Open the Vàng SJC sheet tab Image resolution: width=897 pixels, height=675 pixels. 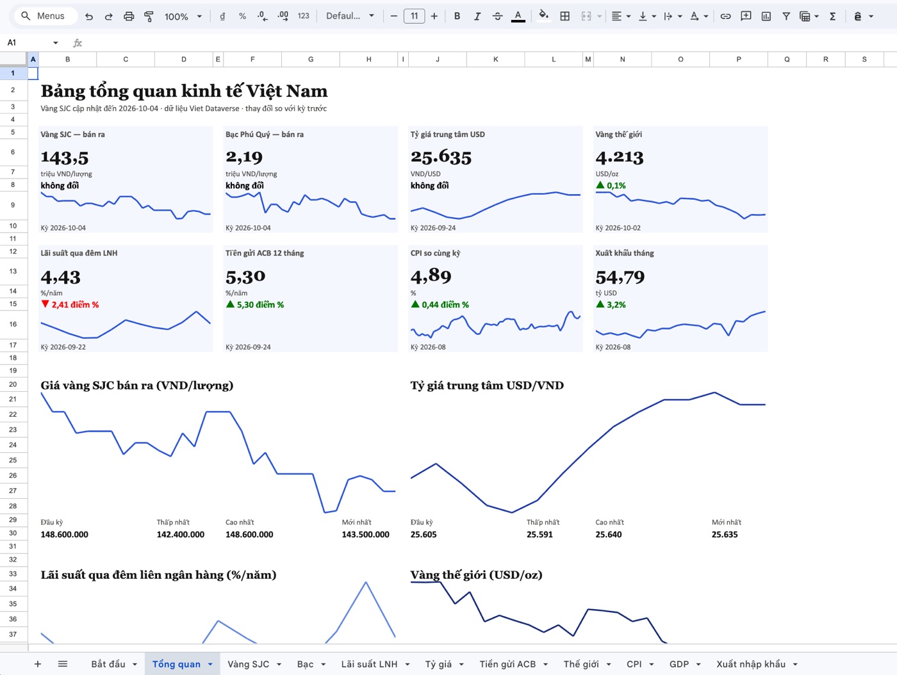(248, 664)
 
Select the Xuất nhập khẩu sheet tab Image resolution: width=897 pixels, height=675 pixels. (751, 664)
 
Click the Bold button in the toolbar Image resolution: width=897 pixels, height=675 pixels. (457, 17)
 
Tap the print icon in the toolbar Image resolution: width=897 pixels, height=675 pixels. (129, 17)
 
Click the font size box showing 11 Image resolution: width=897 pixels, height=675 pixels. (414, 17)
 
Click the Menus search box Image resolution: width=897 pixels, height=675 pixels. (45, 16)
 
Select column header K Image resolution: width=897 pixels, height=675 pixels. (496, 59)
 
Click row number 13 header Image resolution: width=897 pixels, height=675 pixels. (13, 271)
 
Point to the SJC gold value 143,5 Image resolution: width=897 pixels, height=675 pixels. (65, 158)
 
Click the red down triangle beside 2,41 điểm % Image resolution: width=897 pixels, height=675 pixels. (45, 304)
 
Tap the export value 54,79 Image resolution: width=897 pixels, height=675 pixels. (620, 277)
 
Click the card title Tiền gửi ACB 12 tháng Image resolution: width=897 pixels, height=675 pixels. (265, 253)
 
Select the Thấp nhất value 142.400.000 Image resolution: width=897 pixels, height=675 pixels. (180, 535)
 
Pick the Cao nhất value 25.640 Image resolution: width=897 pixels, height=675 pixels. (608, 535)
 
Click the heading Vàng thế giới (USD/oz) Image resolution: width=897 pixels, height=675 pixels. (476, 575)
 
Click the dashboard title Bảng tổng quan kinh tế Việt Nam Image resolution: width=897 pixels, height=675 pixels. (184, 91)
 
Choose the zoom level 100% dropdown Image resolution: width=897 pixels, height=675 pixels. (183, 17)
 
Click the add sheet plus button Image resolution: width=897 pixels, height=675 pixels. (38, 664)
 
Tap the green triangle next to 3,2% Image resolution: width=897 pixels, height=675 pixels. (600, 304)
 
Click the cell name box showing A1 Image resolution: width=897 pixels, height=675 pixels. (33, 42)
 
